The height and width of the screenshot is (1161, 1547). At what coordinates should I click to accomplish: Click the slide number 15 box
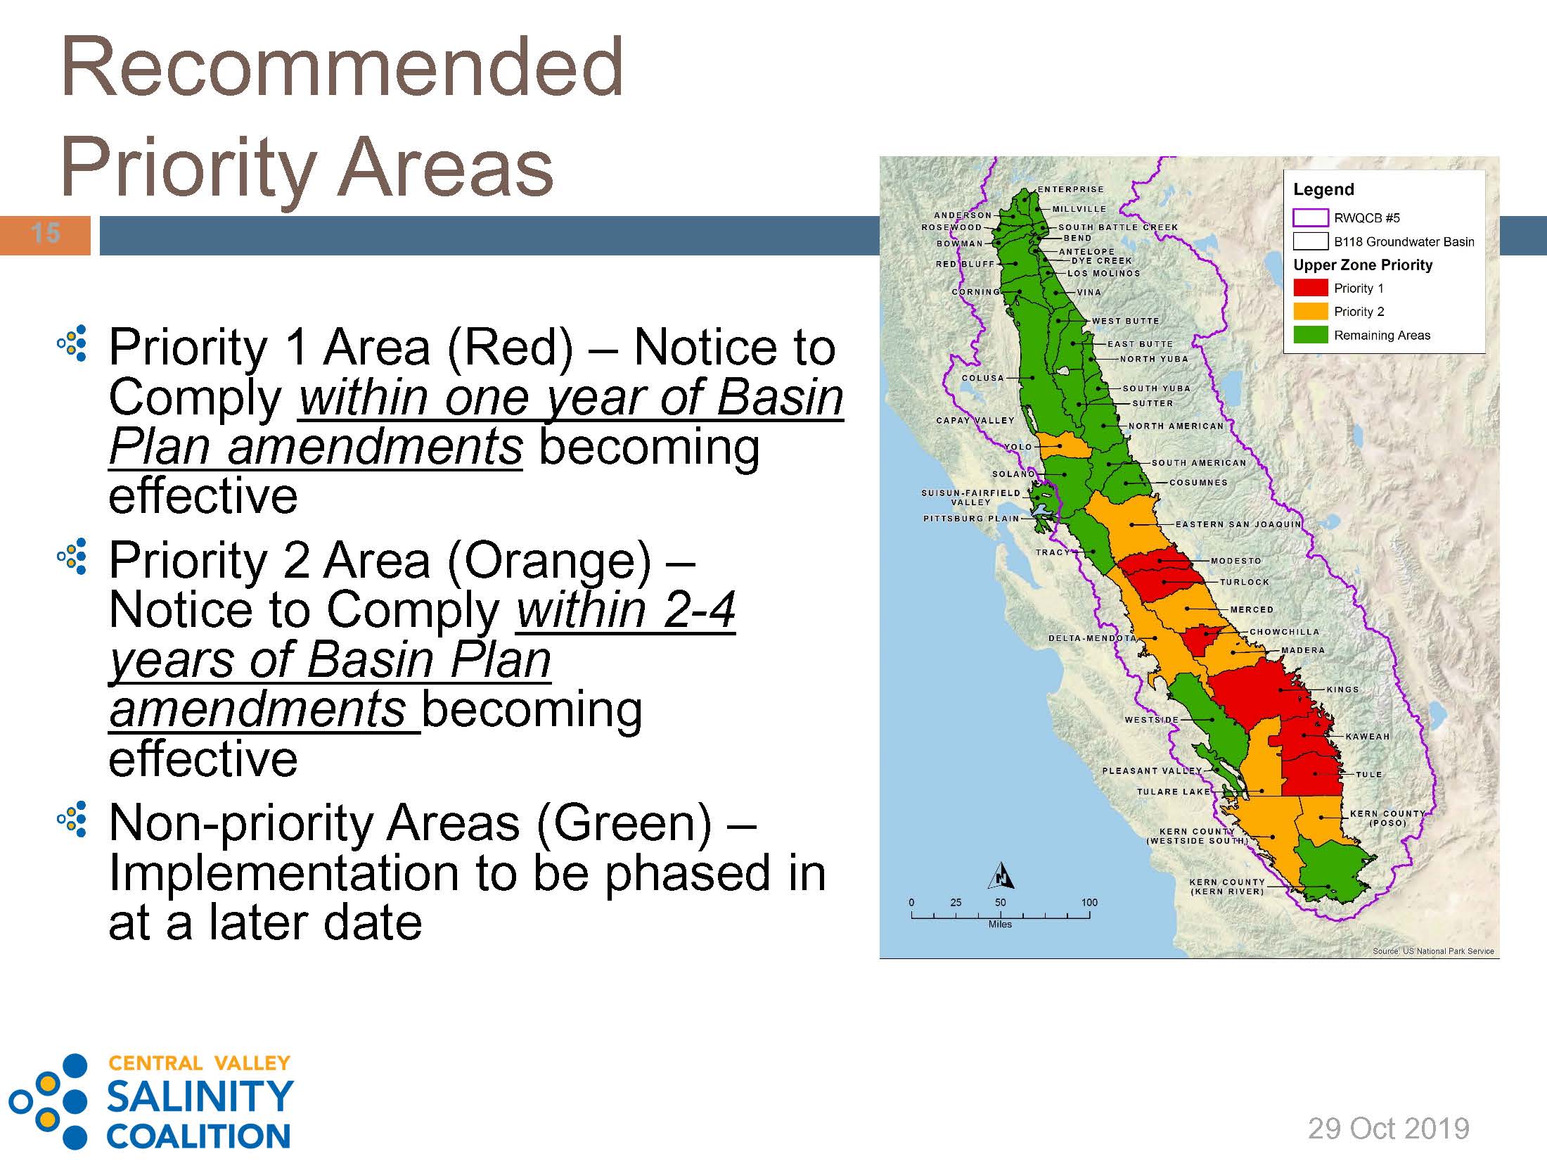(45, 235)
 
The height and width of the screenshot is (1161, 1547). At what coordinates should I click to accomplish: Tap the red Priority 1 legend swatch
(1311, 288)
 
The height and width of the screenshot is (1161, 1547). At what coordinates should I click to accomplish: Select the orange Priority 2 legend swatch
(1311, 311)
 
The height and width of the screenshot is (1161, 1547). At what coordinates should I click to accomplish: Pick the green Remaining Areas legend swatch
(1311, 335)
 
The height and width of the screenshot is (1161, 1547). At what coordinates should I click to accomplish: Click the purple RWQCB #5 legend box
(1311, 217)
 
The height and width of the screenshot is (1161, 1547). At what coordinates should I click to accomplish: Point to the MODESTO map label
(1236, 561)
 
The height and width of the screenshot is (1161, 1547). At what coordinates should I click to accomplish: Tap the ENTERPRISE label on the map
(1071, 189)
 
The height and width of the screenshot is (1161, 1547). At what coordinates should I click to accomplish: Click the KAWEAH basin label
(1368, 737)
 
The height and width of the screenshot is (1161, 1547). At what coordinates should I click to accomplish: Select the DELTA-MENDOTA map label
(1092, 638)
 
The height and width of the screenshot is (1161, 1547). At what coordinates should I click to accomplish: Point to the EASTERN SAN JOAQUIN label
(1238, 524)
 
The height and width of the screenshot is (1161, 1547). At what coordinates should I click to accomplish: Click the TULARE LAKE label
(1174, 792)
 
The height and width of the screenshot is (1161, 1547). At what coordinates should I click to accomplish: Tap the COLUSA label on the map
(983, 378)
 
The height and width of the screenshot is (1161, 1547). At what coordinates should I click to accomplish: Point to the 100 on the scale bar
(1089, 902)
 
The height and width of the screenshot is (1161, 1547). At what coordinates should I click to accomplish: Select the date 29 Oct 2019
(1389, 1128)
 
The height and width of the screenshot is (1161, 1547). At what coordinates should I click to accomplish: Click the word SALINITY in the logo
(199, 1096)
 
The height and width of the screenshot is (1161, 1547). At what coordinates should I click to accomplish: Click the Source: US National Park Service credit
(1433, 951)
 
